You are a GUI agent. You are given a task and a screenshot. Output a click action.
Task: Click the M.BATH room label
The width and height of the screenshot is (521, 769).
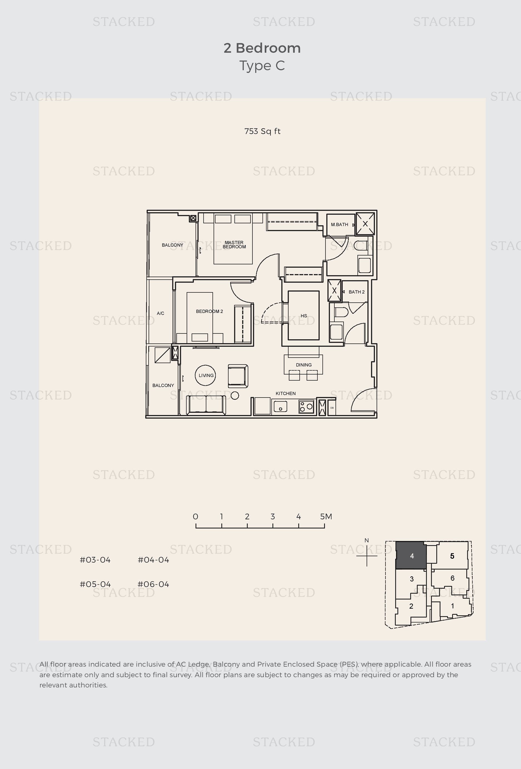(x=339, y=225)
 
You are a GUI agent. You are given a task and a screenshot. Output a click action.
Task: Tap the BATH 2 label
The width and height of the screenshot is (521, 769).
(x=356, y=292)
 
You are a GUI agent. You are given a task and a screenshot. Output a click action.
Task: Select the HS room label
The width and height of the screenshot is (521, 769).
(x=304, y=316)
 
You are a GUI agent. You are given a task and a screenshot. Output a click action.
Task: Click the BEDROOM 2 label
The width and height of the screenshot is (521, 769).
(x=209, y=311)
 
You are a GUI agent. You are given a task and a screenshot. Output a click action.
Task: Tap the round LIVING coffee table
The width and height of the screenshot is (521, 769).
(x=205, y=375)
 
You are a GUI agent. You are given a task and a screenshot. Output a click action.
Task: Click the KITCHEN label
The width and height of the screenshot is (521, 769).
(x=285, y=393)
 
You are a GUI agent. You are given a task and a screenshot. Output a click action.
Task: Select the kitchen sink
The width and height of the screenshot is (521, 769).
(x=280, y=406)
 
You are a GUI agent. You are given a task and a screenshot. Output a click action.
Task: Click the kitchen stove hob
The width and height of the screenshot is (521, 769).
(x=306, y=407)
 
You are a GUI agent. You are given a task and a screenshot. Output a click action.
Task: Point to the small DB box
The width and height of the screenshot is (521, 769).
(x=332, y=408)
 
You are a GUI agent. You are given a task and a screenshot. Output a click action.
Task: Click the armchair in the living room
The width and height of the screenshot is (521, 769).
(x=238, y=376)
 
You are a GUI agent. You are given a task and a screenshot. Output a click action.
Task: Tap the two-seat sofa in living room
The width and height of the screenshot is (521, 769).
(x=206, y=405)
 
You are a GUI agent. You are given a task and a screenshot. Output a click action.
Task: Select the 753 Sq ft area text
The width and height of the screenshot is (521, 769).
(x=262, y=131)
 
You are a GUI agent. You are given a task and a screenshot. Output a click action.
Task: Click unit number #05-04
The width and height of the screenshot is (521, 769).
(x=95, y=584)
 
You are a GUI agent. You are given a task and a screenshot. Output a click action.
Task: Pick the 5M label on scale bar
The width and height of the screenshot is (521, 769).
(x=326, y=517)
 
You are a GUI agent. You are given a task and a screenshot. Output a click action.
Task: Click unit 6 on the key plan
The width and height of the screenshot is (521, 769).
(x=452, y=578)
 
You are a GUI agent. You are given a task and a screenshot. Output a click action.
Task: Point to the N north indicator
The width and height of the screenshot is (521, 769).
(x=367, y=540)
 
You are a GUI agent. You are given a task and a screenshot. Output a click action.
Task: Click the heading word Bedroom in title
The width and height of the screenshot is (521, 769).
(x=268, y=48)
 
